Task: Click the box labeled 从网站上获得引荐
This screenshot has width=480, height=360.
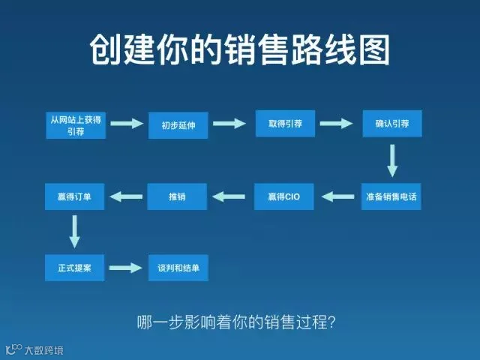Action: [x=75, y=124]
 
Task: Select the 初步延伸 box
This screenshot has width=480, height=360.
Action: [x=178, y=124]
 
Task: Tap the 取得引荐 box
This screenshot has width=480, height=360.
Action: [x=285, y=123]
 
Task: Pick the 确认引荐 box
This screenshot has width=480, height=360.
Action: [x=391, y=123]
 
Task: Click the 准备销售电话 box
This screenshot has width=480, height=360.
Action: [x=391, y=196]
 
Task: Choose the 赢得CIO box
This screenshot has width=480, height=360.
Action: [x=283, y=196]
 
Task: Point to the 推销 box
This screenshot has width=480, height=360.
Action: [x=177, y=196]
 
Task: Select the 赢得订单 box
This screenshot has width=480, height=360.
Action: [x=74, y=196]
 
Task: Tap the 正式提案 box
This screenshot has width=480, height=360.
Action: [x=74, y=268]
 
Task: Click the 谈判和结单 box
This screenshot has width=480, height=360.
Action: [x=178, y=268]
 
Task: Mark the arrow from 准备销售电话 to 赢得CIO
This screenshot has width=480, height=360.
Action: [x=338, y=196]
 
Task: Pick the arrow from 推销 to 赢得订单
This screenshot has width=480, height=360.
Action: [x=126, y=196]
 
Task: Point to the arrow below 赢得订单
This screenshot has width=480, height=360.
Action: [x=74, y=231]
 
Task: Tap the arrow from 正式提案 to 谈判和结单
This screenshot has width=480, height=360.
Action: [x=126, y=268]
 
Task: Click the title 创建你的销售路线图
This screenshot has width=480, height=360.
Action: [x=240, y=50]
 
